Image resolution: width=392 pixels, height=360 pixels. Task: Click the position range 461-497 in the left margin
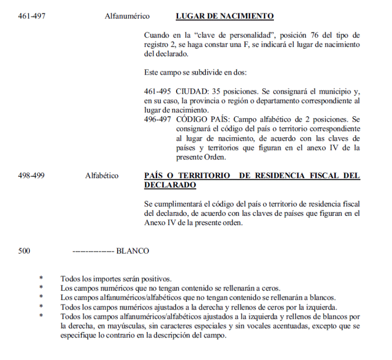[x=32, y=17]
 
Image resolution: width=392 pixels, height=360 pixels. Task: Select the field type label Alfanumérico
[x=127, y=17]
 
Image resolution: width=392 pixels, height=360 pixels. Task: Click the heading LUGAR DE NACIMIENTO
[x=224, y=17]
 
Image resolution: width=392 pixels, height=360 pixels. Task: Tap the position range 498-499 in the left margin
[x=31, y=176]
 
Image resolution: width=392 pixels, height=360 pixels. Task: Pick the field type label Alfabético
[x=102, y=176]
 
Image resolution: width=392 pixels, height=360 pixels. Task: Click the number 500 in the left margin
[x=24, y=251]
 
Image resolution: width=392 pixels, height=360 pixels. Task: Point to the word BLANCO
[x=132, y=251]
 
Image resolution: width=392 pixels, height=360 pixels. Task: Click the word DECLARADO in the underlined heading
[x=170, y=186]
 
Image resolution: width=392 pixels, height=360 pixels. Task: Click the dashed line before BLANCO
[x=93, y=251]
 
